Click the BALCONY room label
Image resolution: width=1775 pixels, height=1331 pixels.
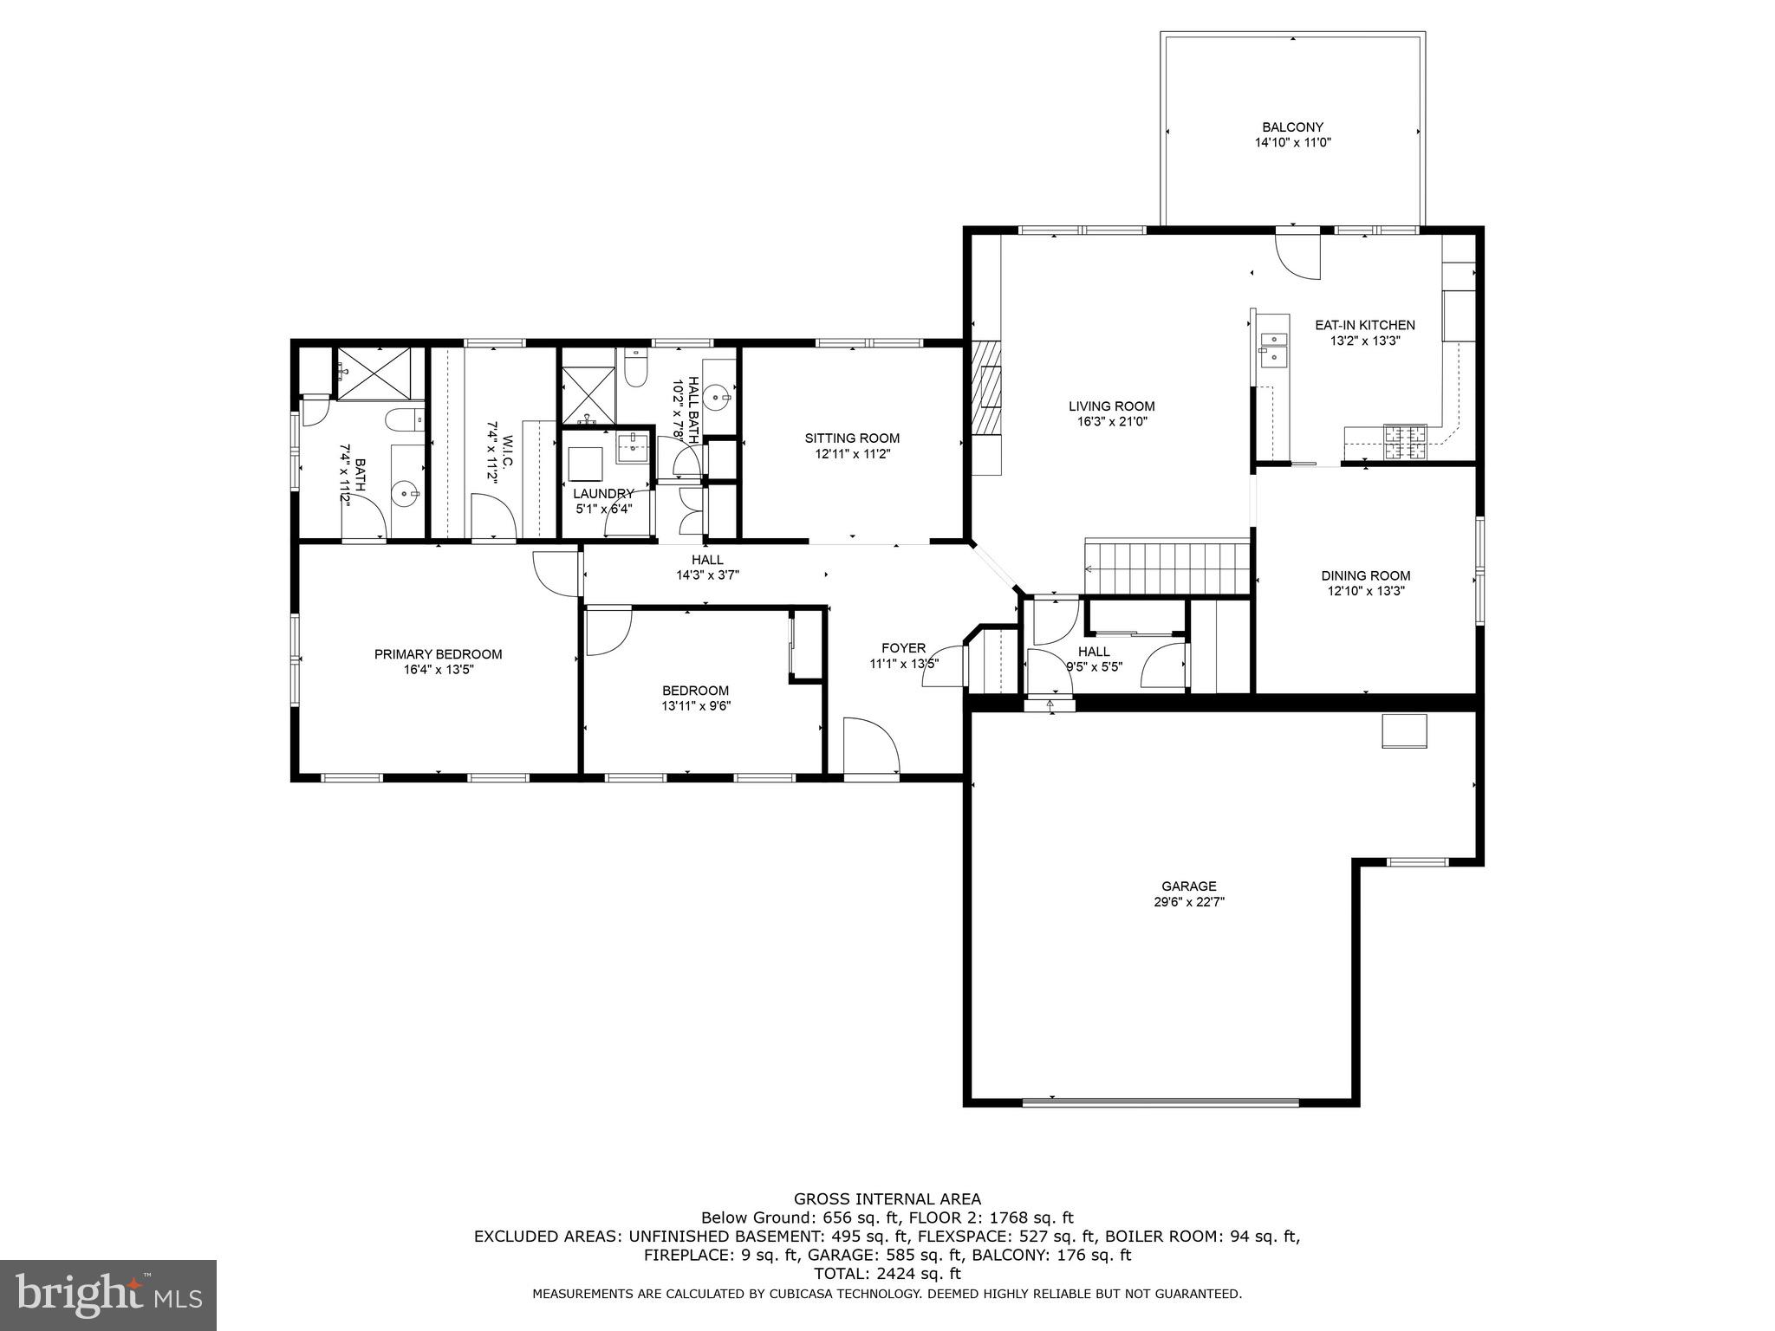[x=1292, y=127]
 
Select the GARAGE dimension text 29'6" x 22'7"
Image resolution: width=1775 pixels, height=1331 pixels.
[x=1188, y=901]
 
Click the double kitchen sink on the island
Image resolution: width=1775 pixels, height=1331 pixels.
[x=1273, y=347]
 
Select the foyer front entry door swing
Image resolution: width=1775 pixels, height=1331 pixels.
[x=870, y=746]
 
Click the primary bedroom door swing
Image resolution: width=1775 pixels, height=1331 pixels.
[x=556, y=573]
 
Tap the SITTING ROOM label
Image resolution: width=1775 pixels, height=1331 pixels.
[x=852, y=438]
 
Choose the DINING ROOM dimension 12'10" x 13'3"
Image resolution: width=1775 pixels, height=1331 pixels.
[x=1366, y=591]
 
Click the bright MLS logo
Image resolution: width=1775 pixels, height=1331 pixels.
[x=108, y=1295]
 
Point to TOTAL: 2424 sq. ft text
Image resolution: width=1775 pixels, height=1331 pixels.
[x=887, y=1274]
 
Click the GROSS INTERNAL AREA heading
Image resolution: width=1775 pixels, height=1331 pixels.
[x=887, y=1199]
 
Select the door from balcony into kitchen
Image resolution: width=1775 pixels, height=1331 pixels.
[x=1297, y=253]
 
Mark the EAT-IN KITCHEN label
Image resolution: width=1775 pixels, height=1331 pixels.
[x=1365, y=325]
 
